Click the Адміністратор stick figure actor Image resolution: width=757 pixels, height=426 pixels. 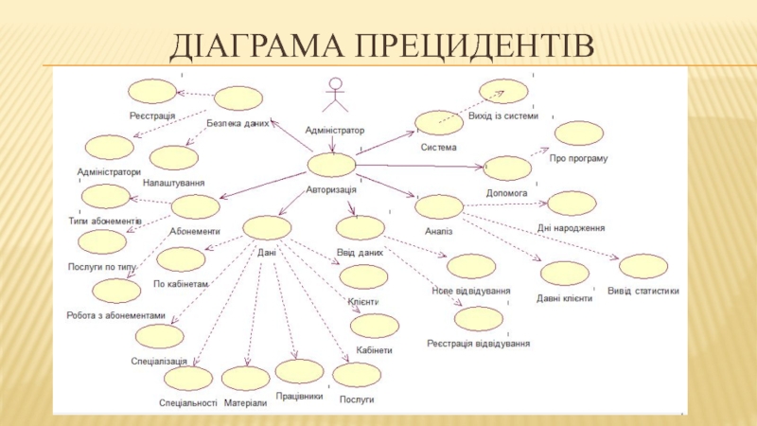coord(332,98)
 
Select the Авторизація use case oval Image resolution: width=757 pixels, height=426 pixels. coord(331,165)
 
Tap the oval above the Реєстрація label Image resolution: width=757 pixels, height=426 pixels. coord(152,91)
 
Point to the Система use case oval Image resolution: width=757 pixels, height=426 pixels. coord(438,123)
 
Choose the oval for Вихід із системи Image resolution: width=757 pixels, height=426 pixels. coord(503,91)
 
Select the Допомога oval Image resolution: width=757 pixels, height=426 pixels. coord(507,169)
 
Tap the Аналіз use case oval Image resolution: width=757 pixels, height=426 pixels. coord(438,206)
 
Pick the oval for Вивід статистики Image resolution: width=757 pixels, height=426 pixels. coord(643,267)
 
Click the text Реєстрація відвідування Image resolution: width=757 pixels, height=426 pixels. coord(478,344)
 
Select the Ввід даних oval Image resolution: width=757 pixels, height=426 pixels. coord(361,228)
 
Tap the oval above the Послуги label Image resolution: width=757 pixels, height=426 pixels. coord(357,375)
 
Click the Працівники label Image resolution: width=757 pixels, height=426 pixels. coord(300,397)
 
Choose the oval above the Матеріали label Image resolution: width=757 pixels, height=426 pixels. coord(246,379)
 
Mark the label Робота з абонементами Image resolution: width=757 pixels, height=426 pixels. coord(116,315)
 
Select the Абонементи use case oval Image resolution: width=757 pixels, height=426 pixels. coord(196,206)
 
